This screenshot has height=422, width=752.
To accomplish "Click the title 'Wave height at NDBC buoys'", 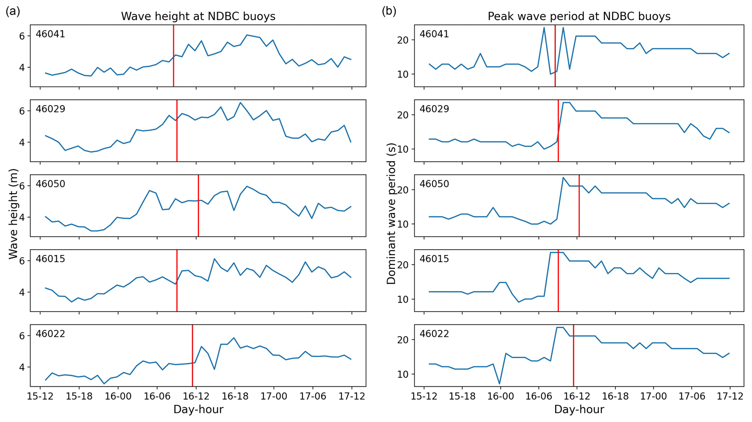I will (198, 16).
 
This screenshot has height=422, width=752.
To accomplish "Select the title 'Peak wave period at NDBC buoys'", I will (579, 16).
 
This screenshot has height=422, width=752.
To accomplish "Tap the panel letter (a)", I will (13, 11).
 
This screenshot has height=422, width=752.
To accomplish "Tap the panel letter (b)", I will (389, 11).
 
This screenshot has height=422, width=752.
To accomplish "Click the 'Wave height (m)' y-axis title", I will (13, 214).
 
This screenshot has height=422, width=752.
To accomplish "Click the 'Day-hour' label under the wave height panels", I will (198, 410).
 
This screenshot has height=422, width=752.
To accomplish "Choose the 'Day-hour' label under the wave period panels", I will (579, 410).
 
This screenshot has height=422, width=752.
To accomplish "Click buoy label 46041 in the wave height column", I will (50, 34).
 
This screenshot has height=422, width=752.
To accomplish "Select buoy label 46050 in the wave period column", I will (434, 184).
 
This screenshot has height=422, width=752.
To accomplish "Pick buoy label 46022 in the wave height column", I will (50, 334).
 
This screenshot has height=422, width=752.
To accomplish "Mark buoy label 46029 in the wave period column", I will (434, 109).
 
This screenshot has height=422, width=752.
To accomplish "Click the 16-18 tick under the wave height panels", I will (234, 396).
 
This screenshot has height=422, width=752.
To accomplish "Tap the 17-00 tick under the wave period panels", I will (653, 396).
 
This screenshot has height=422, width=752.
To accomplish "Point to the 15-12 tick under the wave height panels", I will (40, 396).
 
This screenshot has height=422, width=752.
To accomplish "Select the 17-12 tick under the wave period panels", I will (730, 396).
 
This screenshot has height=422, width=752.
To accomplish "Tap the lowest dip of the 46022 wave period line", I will (500, 383).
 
